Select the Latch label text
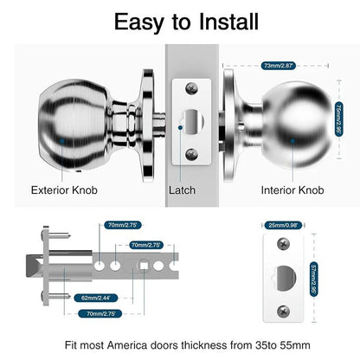tap(183, 190)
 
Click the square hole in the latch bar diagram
tap(139, 264)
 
